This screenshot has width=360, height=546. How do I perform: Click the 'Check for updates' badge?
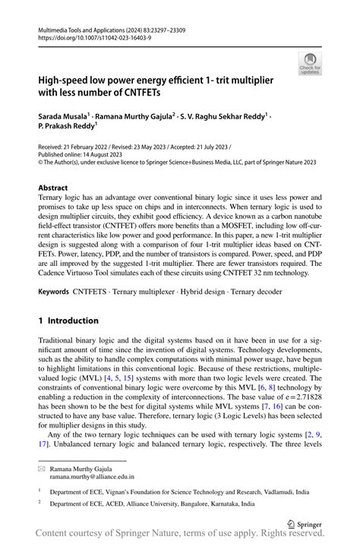[x=310, y=66]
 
